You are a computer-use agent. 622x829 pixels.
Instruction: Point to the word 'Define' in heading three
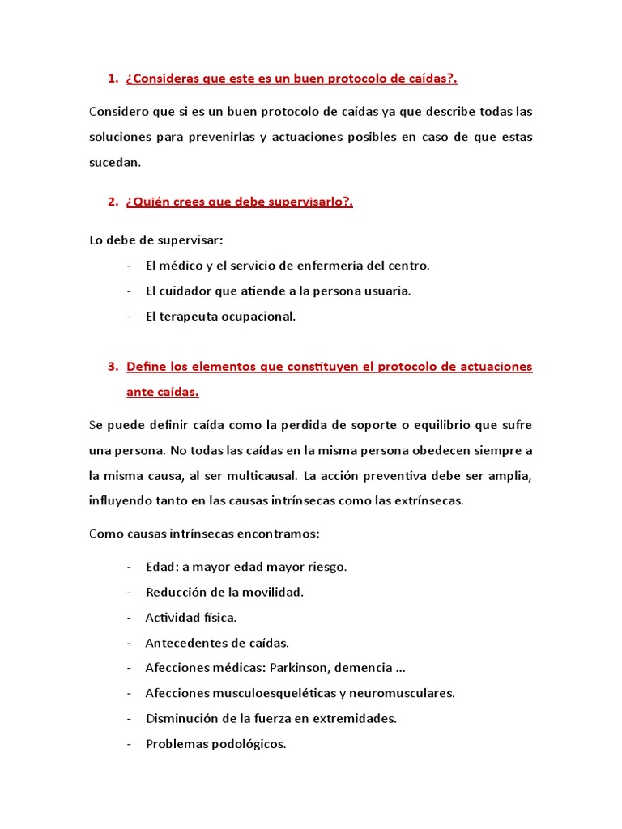coord(145,367)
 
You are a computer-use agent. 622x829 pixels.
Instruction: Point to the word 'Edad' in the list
coord(160,567)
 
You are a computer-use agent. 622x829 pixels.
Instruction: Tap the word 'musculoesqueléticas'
coord(261,693)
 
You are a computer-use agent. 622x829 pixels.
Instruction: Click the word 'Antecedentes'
coord(184,643)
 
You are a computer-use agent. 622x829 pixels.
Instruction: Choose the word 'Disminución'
coord(181,718)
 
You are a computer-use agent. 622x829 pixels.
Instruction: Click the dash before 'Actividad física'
coord(130,618)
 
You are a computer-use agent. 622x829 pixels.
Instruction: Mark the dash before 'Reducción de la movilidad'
coord(130,593)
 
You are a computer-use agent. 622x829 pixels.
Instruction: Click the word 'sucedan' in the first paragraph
coord(113,163)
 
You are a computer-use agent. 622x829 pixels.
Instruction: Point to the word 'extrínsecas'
coord(422,500)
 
